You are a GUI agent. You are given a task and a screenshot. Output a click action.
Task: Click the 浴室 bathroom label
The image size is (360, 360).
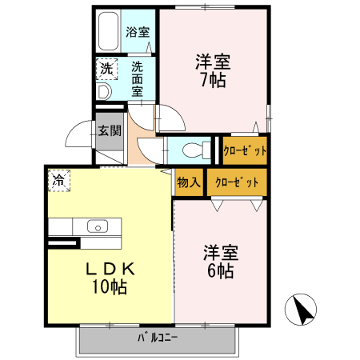tap(138, 33)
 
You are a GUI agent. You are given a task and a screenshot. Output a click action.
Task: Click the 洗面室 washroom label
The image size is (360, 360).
tap(138, 78)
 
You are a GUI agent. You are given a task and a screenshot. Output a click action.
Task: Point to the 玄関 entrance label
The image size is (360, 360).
tap(110, 131)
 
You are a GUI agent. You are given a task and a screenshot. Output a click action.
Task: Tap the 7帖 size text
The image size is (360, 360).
tap(212, 80)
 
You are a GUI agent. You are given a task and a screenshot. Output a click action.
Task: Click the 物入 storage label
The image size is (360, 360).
tap(189, 182)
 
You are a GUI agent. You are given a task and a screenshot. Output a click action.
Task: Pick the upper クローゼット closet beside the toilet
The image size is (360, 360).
tap(244, 150)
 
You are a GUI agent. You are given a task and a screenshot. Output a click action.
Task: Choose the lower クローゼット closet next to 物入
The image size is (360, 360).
tap(237, 182)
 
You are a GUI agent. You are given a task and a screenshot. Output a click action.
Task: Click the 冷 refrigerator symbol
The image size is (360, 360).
tap(58, 181)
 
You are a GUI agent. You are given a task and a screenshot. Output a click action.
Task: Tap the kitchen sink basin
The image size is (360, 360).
tap(97, 226)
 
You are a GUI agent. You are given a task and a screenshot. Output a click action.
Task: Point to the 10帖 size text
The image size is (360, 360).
tap(109, 287)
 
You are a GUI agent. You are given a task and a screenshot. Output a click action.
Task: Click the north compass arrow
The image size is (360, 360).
tap(303, 310)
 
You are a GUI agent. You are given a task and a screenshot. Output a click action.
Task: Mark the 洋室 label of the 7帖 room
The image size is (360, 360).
tap(213, 61)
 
